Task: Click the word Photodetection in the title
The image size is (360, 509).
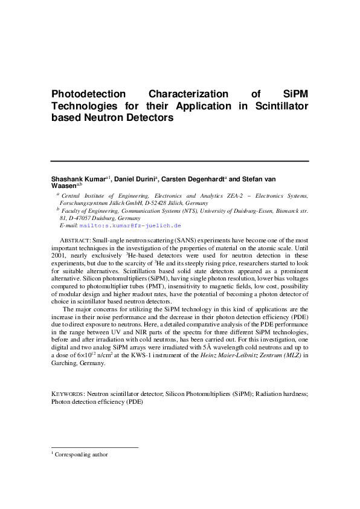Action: (x=89, y=94)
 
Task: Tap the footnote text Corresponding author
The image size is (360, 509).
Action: (x=81, y=454)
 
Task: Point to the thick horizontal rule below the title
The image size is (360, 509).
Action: (x=179, y=161)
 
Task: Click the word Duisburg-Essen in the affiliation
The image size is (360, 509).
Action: (x=257, y=210)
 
